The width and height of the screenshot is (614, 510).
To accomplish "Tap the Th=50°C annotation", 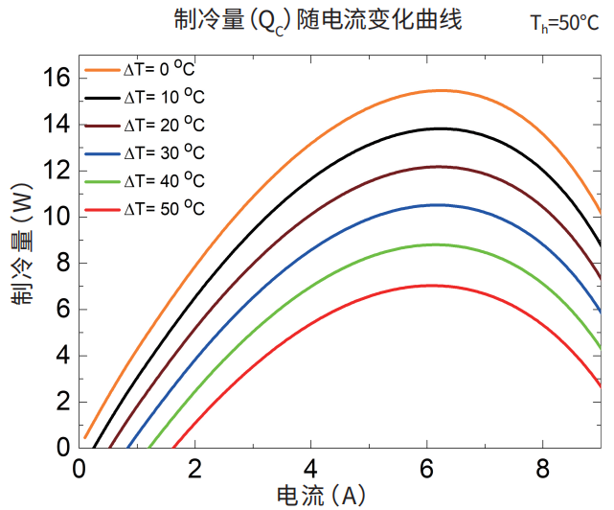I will (x=565, y=23).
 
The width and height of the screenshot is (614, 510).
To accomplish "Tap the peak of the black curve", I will (x=440, y=128).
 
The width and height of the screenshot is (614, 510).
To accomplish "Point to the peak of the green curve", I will (x=436, y=244).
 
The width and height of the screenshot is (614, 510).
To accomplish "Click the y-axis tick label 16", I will (x=58, y=78).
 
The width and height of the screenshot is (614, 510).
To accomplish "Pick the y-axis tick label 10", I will (x=58, y=217).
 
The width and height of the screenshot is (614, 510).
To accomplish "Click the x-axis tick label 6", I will (x=427, y=470).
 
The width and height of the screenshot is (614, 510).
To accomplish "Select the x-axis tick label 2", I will (x=195, y=470).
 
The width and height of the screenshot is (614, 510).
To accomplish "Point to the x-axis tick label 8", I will (x=543, y=470).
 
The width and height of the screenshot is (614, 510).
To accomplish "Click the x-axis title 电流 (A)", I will (x=321, y=495).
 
